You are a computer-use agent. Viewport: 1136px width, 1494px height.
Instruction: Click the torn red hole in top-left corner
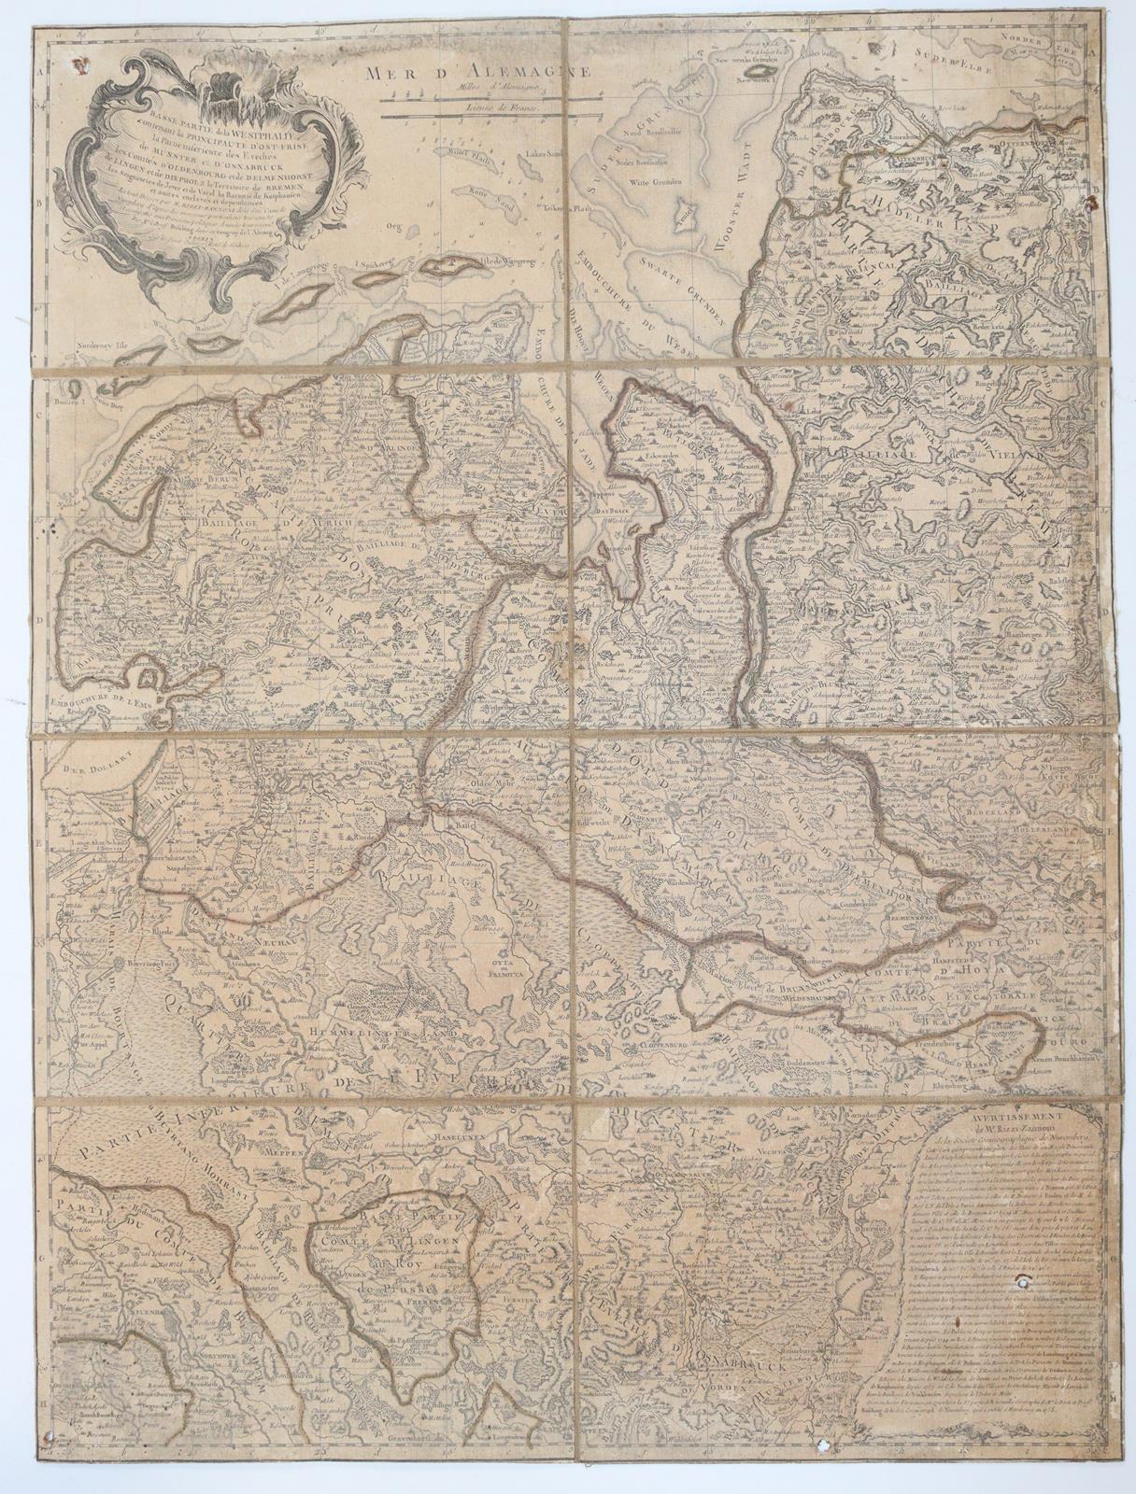(x=79, y=65)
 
